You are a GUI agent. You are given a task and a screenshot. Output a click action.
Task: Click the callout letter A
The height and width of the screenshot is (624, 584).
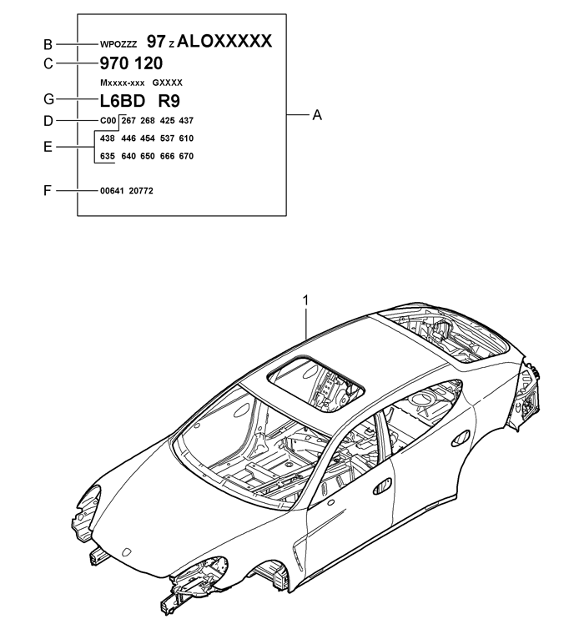click(x=317, y=115)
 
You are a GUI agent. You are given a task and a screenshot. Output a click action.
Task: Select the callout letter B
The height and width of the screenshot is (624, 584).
click(x=48, y=44)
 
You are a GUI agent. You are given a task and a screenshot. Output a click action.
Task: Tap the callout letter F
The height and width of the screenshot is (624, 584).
click(x=48, y=191)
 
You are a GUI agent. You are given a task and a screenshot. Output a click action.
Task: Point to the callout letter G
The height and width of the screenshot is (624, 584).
click(x=48, y=99)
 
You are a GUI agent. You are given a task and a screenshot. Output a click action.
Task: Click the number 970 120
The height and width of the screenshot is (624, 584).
click(x=131, y=63)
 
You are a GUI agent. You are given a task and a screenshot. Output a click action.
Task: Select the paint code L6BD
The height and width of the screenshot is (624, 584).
click(x=122, y=101)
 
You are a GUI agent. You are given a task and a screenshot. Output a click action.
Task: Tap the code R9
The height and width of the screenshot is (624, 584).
click(x=169, y=101)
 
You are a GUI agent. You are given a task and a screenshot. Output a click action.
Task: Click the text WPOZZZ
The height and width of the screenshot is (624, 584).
click(x=118, y=44)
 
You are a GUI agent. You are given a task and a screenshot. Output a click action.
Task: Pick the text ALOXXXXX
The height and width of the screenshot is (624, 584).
click(x=224, y=41)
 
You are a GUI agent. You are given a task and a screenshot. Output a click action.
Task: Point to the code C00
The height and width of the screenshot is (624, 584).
click(x=108, y=121)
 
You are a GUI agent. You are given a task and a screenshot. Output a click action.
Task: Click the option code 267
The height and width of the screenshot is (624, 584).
click(x=128, y=121)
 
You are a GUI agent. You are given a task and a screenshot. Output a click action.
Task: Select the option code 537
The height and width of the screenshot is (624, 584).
click(x=167, y=138)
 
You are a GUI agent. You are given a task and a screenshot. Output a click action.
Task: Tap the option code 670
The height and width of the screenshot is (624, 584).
click(x=186, y=156)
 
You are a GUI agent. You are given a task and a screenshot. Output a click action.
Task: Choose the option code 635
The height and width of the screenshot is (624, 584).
click(x=108, y=156)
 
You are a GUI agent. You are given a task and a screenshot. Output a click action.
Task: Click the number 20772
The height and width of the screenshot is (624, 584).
click(x=141, y=191)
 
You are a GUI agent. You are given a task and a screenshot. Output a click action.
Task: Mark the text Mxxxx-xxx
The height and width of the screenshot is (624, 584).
click(x=122, y=83)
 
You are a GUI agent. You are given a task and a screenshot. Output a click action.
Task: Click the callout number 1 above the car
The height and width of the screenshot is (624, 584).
click(x=305, y=300)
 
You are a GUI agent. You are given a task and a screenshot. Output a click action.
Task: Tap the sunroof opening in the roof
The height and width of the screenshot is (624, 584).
click(x=316, y=385)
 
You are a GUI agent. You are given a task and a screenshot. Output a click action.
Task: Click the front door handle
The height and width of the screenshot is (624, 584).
click(x=382, y=486)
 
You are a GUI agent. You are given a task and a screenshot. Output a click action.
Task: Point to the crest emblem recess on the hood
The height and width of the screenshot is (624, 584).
click(x=127, y=552)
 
